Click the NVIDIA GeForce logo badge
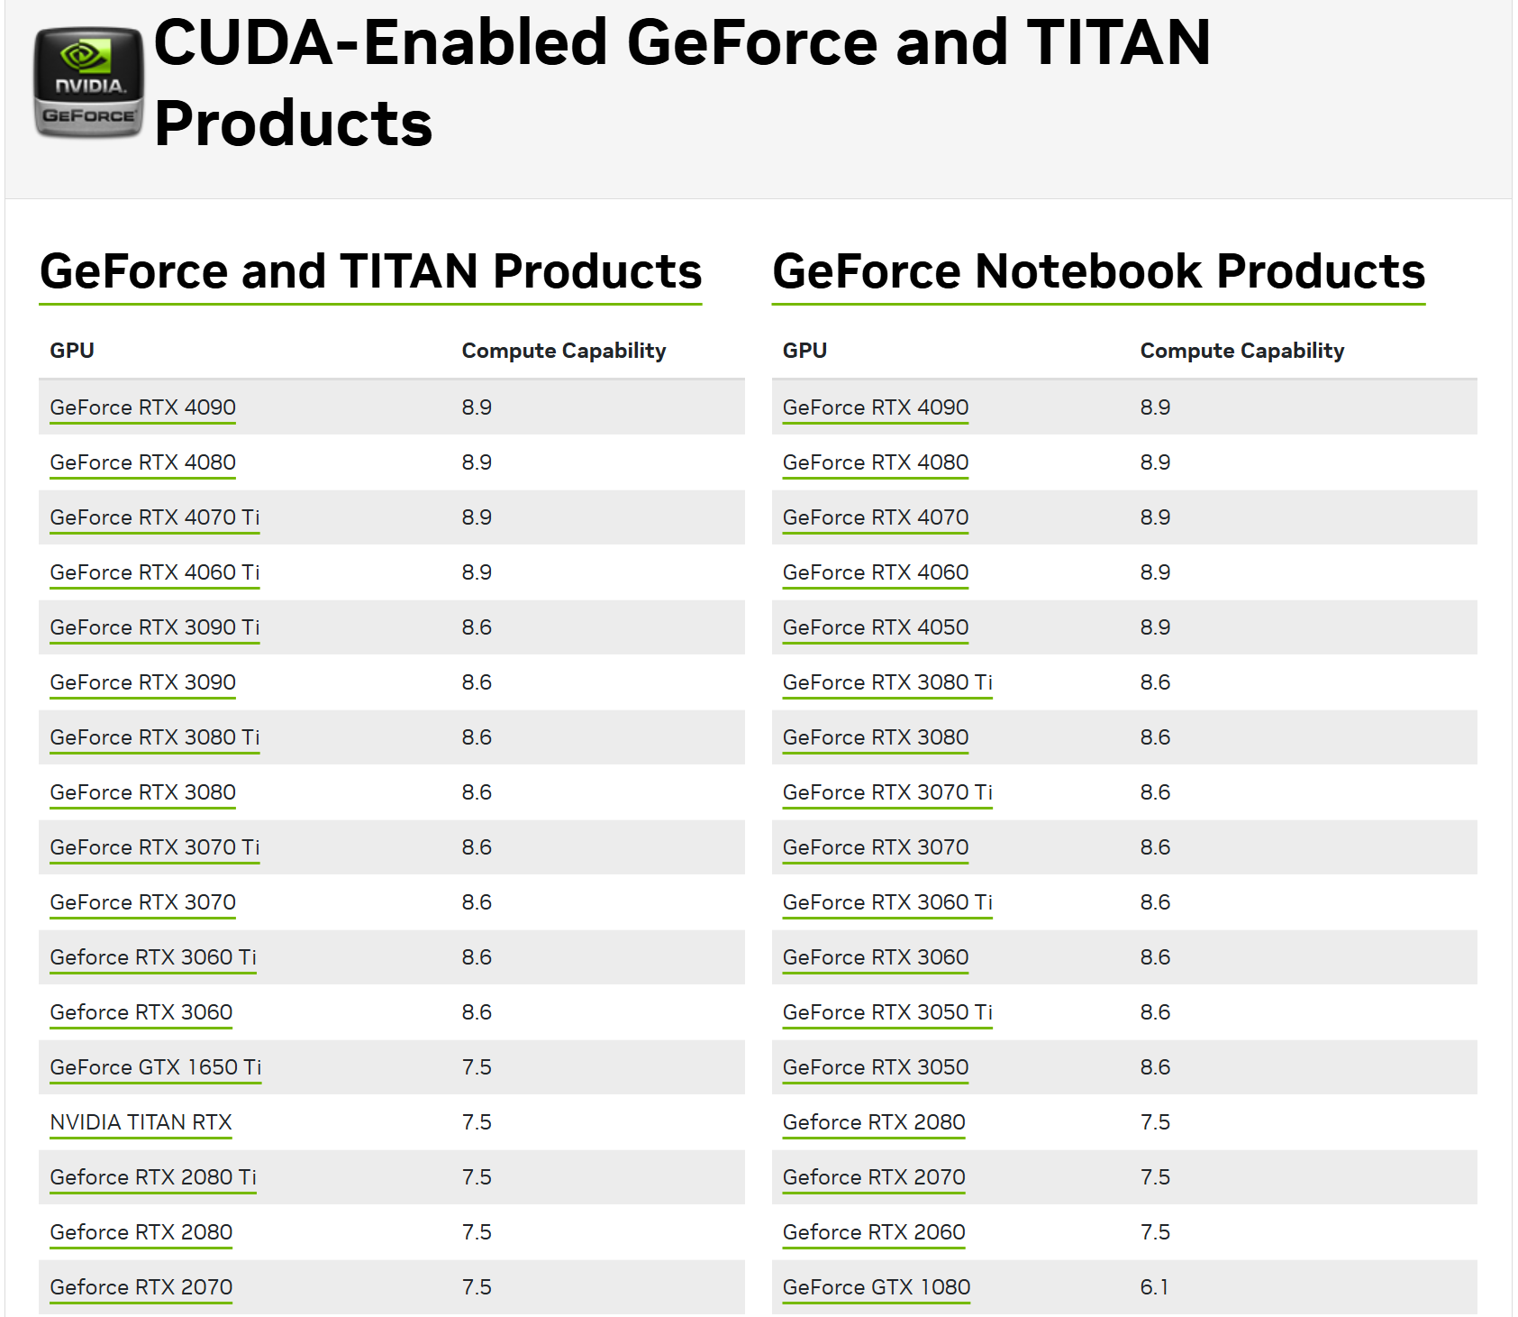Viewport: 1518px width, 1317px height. click(88, 83)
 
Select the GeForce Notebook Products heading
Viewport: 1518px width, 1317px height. click(1098, 271)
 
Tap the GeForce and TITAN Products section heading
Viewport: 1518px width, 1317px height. click(370, 271)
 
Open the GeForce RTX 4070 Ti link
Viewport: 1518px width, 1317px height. click(154, 517)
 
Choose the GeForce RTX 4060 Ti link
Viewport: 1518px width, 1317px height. click(154, 572)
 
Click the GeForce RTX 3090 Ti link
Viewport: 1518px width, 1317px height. click(154, 627)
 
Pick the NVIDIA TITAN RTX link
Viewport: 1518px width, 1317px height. click(141, 1122)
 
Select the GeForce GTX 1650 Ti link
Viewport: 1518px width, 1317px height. click(155, 1067)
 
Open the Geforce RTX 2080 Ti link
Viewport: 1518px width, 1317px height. click(153, 1177)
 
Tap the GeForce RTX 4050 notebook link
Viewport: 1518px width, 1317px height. click(875, 627)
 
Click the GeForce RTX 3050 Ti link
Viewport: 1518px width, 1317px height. click(887, 1012)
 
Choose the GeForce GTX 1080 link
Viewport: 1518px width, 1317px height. click(876, 1287)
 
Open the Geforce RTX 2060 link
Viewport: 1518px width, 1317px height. click(873, 1232)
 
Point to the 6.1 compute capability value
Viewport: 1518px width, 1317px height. click(1154, 1287)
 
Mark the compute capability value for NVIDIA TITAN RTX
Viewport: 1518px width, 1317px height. click(477, 1122)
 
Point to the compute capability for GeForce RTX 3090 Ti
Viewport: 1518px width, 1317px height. click(477, 627)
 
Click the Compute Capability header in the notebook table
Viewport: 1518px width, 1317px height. click(1241, 351)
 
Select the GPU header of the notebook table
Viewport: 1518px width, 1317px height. click(804, 351)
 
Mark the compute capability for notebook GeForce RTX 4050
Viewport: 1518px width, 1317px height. click(1155, 627)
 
